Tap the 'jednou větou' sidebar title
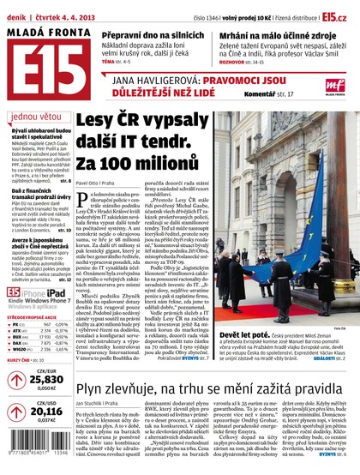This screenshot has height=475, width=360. pyautogui.click(x=33, y=116)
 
